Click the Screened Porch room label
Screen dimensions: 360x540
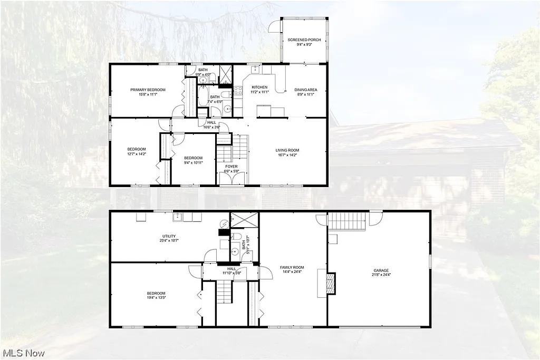coord(304,40)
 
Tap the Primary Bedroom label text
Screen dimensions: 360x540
coord(144,90)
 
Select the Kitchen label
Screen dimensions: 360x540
coord(259,87)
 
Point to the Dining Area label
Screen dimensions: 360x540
coord(306,90)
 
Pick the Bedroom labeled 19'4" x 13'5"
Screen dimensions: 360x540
coord(156,293)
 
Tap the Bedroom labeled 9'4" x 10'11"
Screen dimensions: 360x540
coord(193,158)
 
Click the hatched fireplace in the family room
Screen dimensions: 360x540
coord(331,283)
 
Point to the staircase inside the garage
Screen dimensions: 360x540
coord(347,220)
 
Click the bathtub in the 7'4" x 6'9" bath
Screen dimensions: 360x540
coord(203,96)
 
